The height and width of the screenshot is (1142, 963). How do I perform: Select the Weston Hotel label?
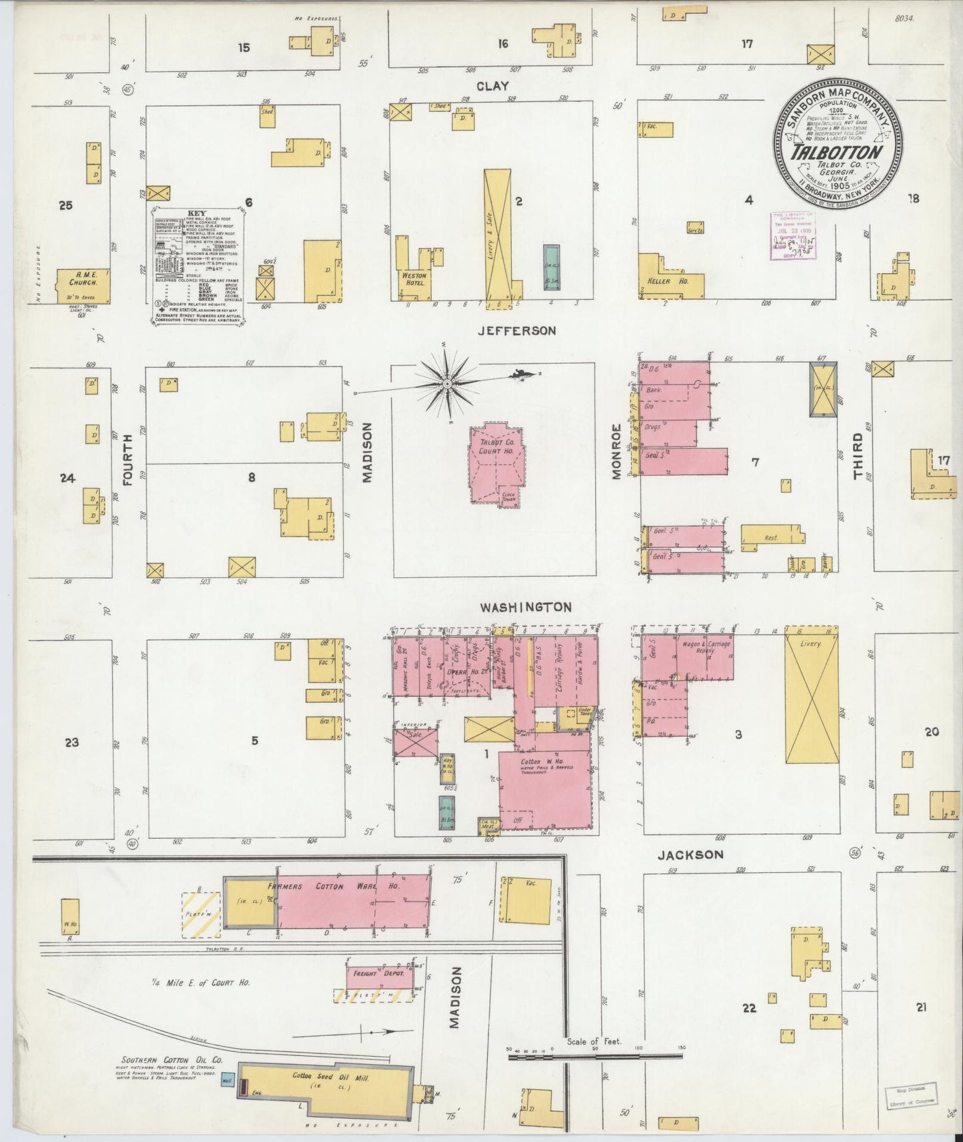(x=413, y=279)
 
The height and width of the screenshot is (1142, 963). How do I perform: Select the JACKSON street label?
(x=690, y=854)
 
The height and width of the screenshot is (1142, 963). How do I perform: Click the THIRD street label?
(x=858, y=456)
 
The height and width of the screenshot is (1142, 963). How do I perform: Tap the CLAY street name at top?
(x=492, y=86)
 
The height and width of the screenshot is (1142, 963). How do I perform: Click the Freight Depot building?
(x=379, y=977)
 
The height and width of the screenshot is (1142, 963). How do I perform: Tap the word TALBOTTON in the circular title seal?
(x=837, y=151)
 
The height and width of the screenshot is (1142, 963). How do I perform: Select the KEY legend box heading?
(x=197, y=213)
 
